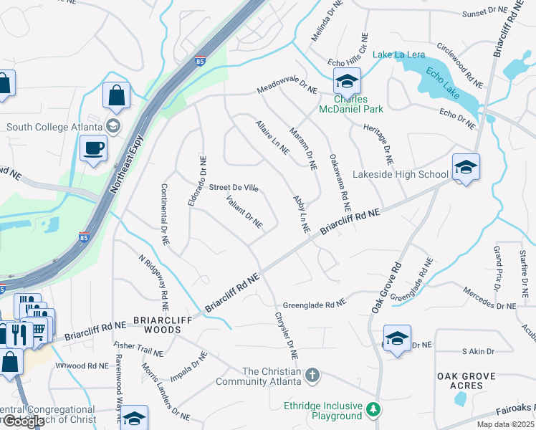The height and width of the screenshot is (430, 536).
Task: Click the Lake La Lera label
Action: (x=398, y=55)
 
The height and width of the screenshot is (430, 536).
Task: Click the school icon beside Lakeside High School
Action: (x=466, y=169)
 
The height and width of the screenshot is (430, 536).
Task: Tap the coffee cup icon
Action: (x=93, y=149)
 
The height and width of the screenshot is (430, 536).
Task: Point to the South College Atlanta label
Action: (x=54, y=127)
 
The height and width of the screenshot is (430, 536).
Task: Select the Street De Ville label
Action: (x=234, y=187)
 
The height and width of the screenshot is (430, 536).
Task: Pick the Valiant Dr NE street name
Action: (x=245, y=212)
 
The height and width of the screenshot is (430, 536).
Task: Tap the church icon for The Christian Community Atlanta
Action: (x=312, y=375)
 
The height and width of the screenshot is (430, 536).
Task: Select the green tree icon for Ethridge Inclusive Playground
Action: (x=372, y=409)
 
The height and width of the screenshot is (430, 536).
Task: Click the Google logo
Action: (x=24, y=421)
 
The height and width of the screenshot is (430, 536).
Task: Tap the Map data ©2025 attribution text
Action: (x=505, y=424)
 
